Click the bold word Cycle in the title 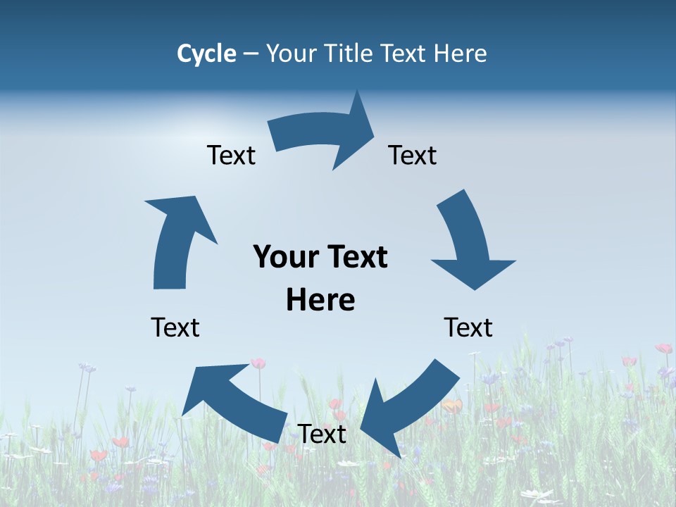click(x=206, y=54)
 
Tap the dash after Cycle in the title click(x=251, y=54)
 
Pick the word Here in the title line click(x=458, y=54)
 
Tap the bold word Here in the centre click(x=320, y=300)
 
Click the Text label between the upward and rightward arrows click(x=231, y=155)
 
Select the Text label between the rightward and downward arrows click(x=413, y=155)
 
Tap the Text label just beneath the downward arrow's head click(x=468, y=327)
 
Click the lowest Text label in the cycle click(x=322, y=434)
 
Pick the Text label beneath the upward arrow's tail click(x=175, y=327)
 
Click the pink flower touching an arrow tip click(x=258, y=363)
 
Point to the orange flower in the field click(x=452, y=406)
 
